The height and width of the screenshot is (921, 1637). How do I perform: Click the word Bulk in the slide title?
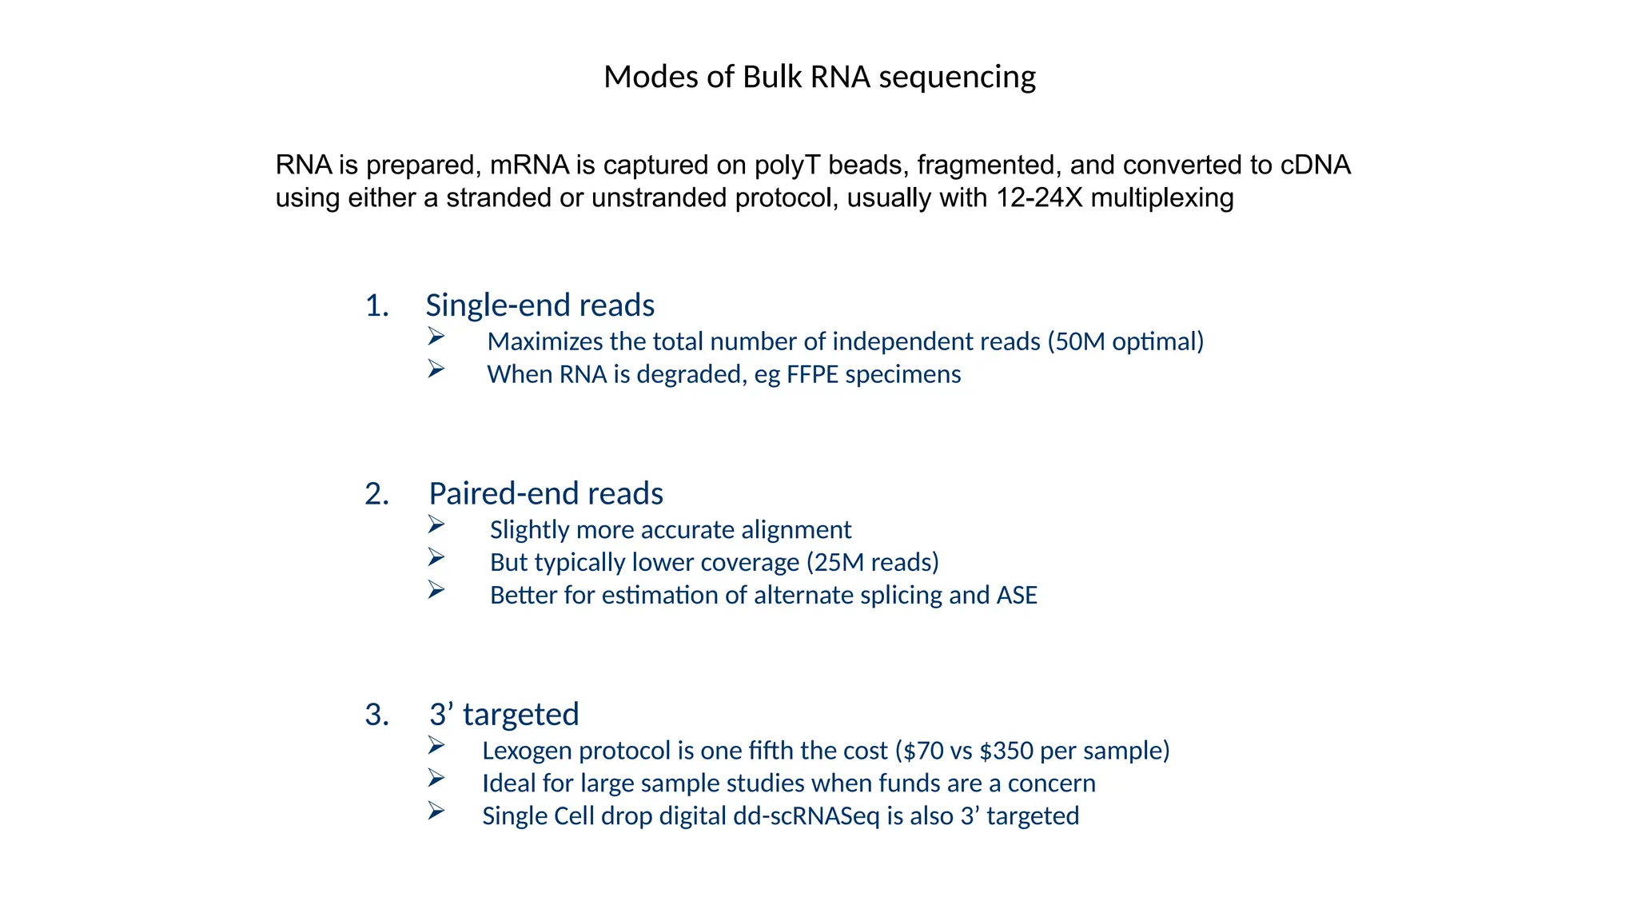pos(772,78)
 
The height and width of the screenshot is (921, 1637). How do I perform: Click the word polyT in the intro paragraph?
pos(787,165)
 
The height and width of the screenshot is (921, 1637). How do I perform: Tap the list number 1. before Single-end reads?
pos(377,306)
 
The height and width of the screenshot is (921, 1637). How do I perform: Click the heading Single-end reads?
pos(540,306)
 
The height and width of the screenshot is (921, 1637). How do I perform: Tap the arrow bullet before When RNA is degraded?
pos(436,369)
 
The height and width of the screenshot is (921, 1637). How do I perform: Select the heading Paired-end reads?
pos(545,494)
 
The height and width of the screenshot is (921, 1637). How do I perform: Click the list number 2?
pos(377,494)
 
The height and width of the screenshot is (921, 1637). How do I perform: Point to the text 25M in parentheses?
pos(839,563)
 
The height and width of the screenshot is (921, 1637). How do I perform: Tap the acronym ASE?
pos(1016,596)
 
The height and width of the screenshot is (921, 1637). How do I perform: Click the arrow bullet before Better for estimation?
pos(436,590)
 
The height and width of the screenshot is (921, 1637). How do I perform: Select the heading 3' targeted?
pos(504,715)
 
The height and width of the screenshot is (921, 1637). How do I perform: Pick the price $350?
pos(1006,751)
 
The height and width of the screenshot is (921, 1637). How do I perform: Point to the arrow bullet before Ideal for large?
pos(436,778)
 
